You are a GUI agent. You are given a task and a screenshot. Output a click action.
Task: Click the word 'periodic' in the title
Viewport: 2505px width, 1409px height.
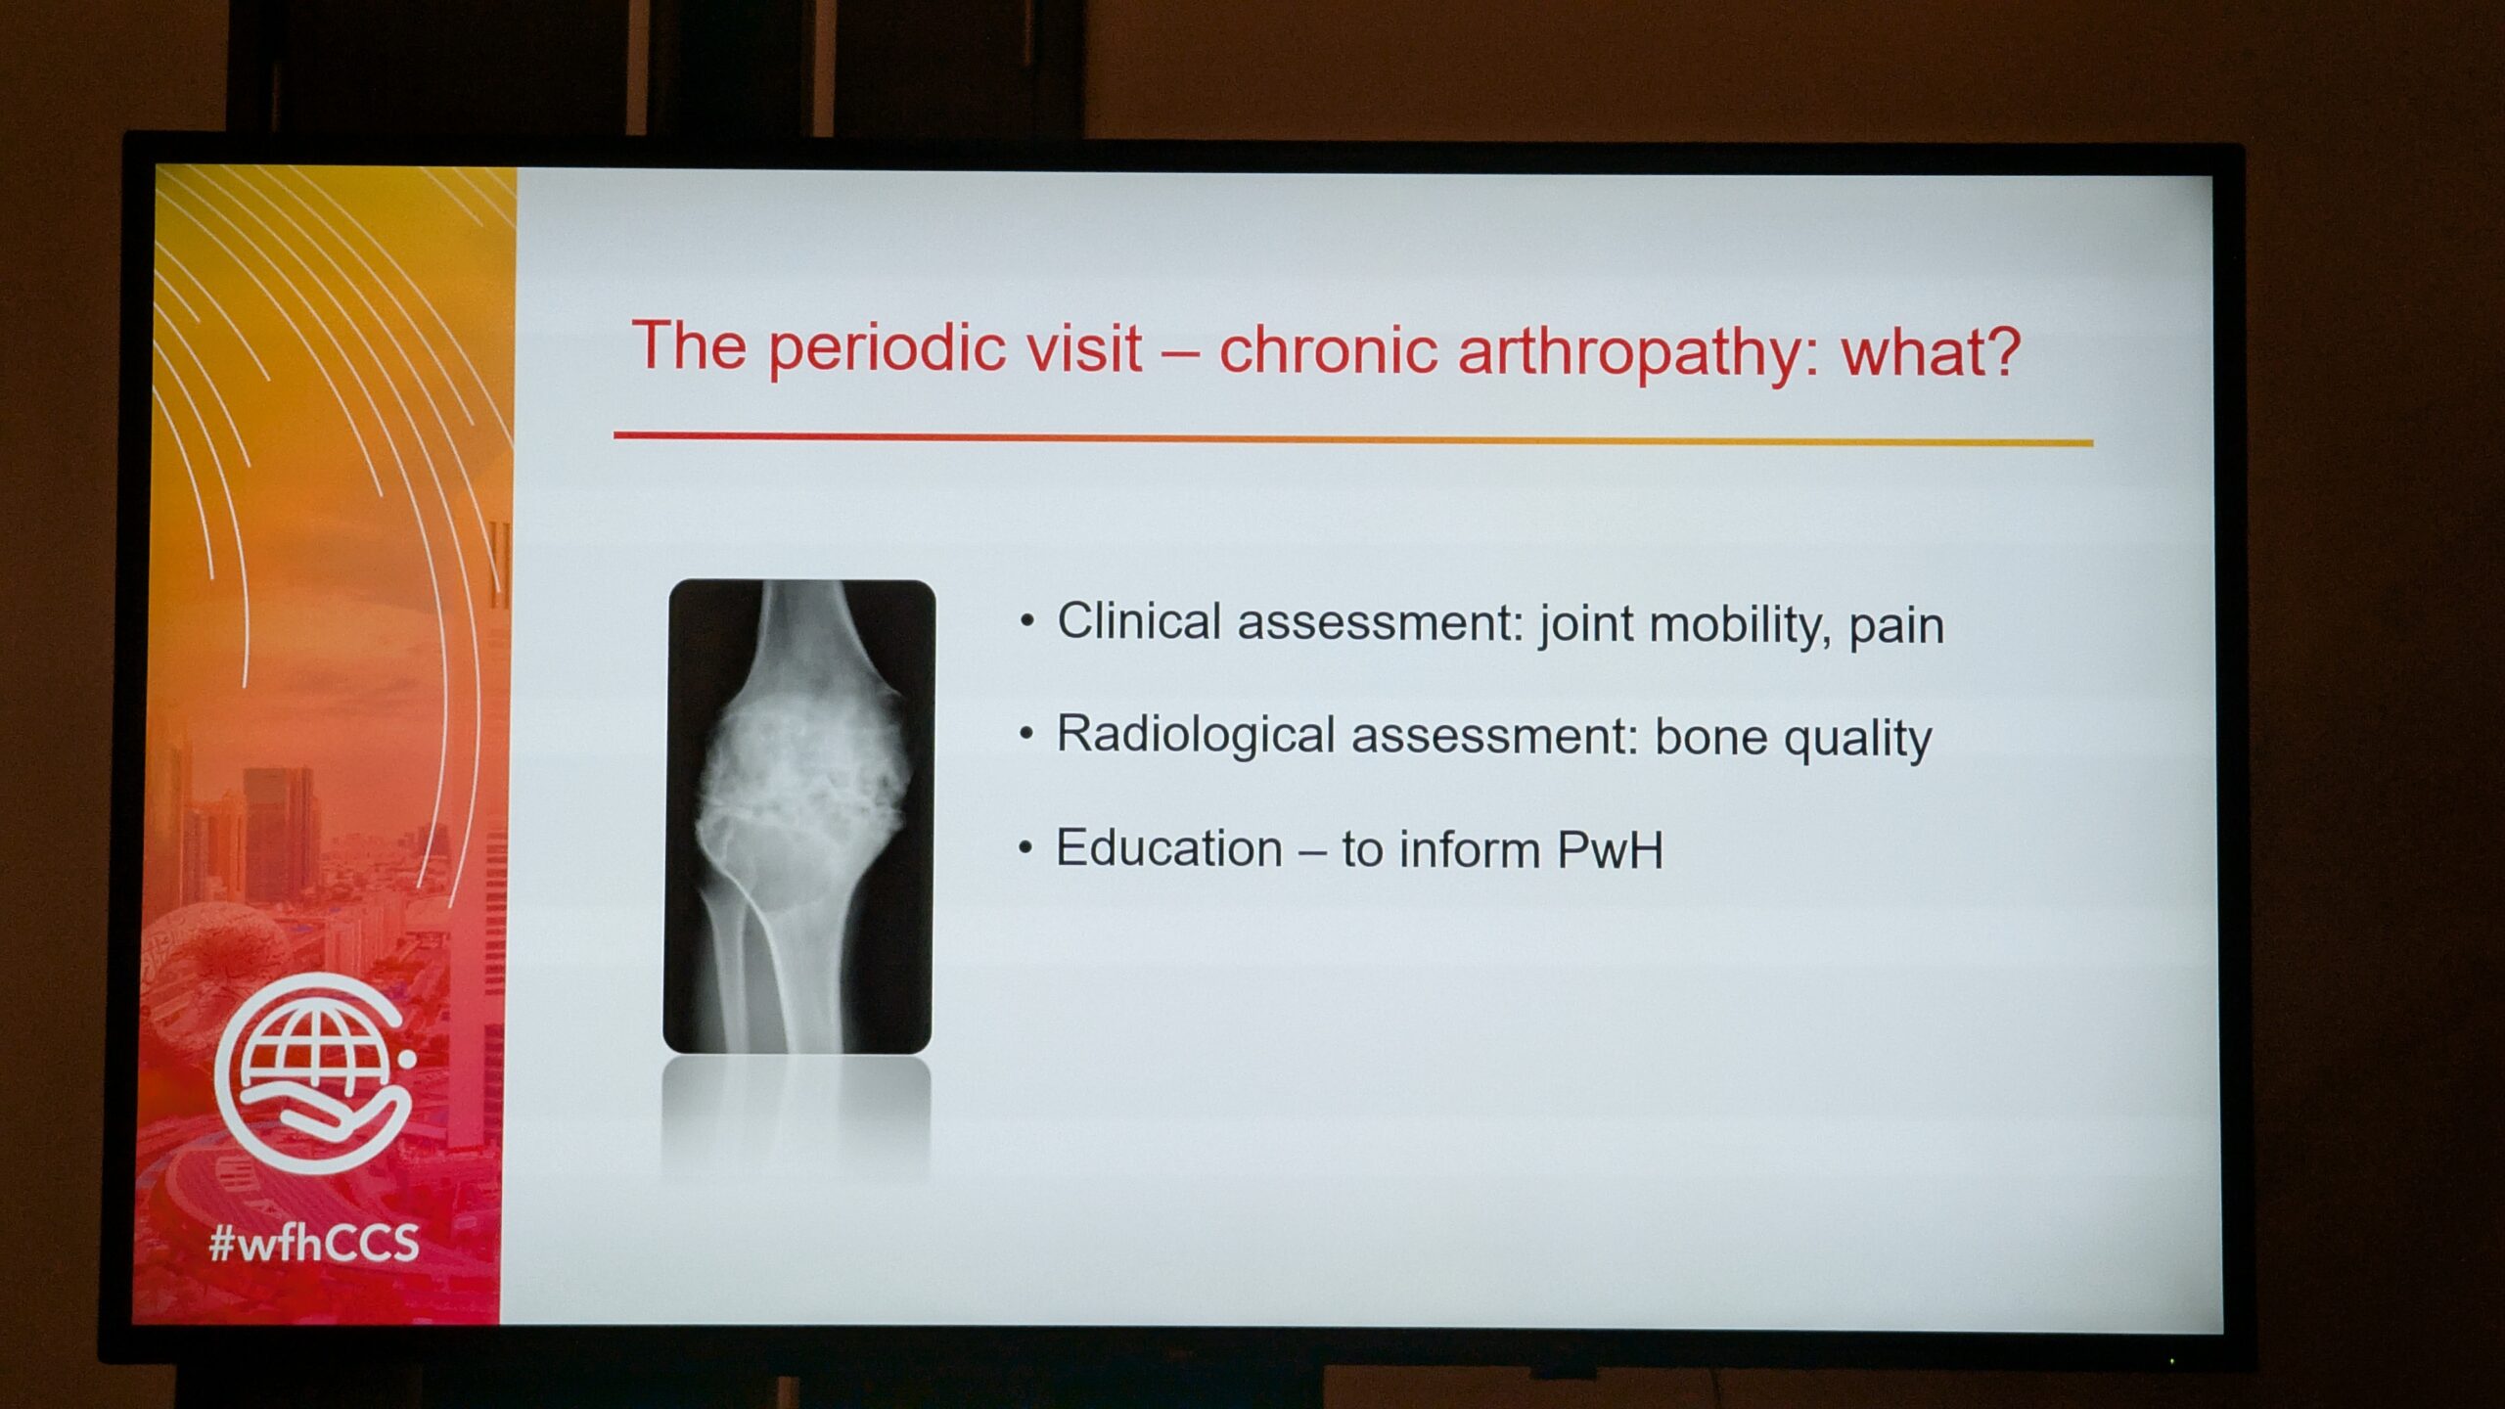(887, 349)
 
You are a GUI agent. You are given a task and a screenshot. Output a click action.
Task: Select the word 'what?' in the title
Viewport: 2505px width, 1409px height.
(1932, 351)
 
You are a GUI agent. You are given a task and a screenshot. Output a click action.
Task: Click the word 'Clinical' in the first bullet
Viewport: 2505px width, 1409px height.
(1139, 621)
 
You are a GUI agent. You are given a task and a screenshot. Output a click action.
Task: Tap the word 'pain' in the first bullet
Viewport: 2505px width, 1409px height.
(1895, 628)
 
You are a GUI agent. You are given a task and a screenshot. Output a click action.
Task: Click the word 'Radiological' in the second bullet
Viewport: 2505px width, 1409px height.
(1196, 734)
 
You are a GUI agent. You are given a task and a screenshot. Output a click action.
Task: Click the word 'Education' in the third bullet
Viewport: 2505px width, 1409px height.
(1169, 847)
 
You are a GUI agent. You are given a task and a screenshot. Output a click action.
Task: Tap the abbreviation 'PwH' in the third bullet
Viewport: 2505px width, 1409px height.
(1610, 849)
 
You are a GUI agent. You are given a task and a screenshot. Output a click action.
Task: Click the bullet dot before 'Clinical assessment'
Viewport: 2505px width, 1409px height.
(1026, 621)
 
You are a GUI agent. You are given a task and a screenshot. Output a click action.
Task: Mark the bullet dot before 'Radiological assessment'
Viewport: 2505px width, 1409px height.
(1025, 734)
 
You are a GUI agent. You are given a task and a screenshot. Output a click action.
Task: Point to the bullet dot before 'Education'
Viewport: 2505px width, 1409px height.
(1025, 847)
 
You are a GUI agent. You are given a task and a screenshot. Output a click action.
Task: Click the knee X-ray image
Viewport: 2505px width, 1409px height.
(798, 816)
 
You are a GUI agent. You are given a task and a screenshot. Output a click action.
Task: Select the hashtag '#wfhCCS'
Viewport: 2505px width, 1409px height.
(314, 1243)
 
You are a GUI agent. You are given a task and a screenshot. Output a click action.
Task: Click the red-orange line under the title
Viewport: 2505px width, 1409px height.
(1353, 438)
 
